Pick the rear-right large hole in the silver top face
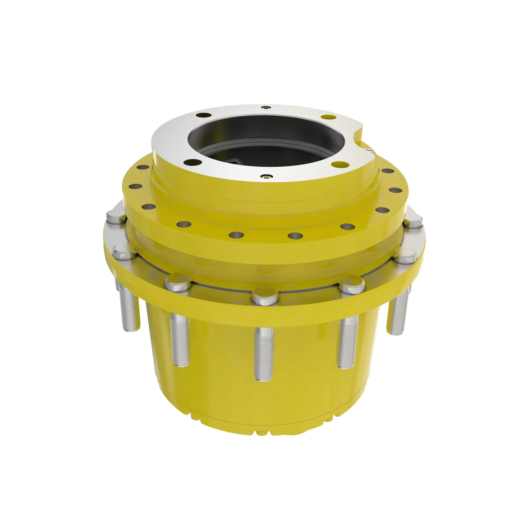(x=328, y=117)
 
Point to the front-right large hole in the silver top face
(x=339, y=164)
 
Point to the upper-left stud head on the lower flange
(x=116, y=217)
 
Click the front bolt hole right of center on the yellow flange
(x=295, y=235)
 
